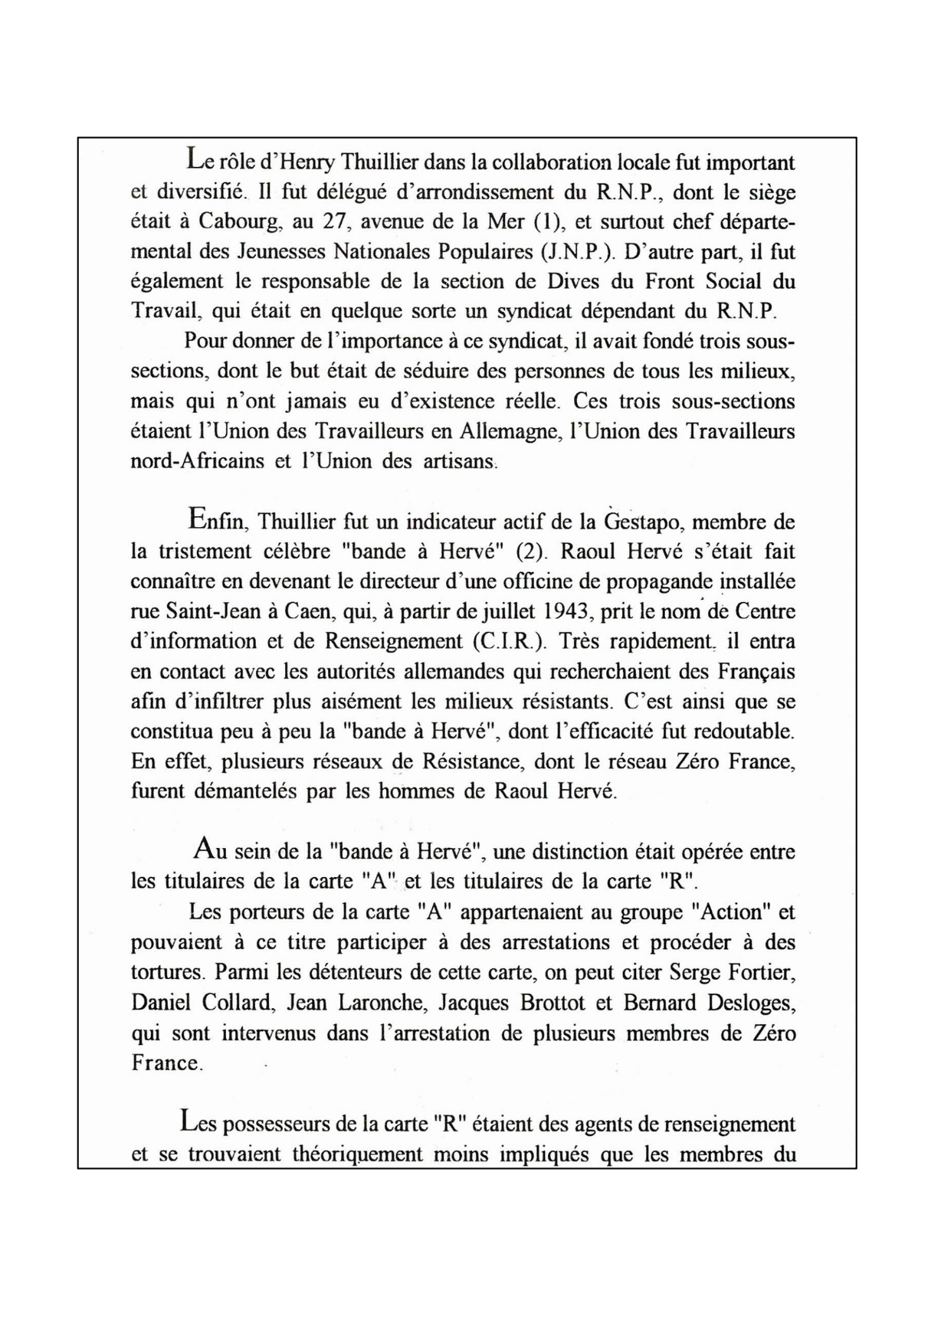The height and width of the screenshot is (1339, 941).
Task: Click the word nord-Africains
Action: [197, 462]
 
